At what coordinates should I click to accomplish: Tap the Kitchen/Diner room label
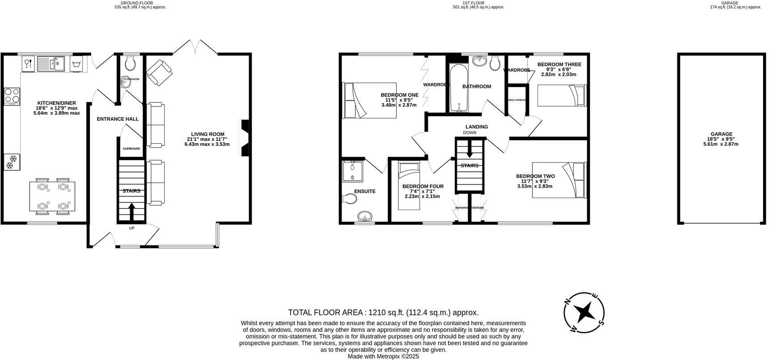pyautogui.click(x=56, y=103)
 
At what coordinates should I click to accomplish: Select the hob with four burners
pyautogui.click(x=12, y=95)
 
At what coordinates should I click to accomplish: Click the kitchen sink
pyautogui.click(x=51, y=64)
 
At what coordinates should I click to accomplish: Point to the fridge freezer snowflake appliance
pyautogui.click(x=11, y=162)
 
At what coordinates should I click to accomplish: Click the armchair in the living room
pyautogui.click(x=159, y=73)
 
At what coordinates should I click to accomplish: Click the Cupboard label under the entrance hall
pyautogui.click(x=131, y=148)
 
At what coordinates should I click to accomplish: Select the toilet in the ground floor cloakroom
pyautogui.click(x=131, y=64)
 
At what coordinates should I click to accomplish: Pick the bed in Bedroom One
pyautogui.click(x=369, y=101)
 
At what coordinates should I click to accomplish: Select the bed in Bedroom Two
pyautogui.click(x=558, y=180)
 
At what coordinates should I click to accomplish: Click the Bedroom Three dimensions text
pyautogui.click(x=559, y=72)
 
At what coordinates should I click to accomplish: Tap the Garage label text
pyautogui.click(x=722, y=134)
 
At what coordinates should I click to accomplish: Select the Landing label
pyautogui.click(x=476, y=127)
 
